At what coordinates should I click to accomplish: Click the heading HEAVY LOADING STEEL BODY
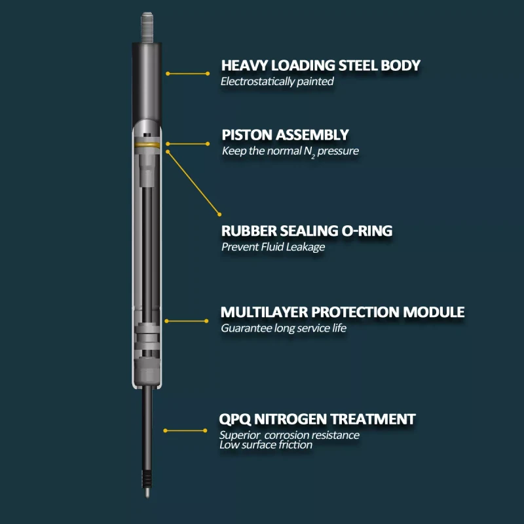320,65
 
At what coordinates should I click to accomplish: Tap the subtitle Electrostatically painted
277,82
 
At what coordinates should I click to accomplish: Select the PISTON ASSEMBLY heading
285,135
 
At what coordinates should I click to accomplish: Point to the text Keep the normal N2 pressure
290,151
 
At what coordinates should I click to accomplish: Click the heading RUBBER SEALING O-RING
316,231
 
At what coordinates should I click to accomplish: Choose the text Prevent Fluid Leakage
273,247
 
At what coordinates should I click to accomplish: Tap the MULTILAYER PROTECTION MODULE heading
342,312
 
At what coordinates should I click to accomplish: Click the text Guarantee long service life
284,328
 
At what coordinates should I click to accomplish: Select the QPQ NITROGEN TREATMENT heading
317,419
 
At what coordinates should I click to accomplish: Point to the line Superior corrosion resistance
289,435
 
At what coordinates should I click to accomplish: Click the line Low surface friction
266,445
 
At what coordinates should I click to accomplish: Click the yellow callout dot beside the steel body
168,73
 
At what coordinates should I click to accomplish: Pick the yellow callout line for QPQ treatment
186,430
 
